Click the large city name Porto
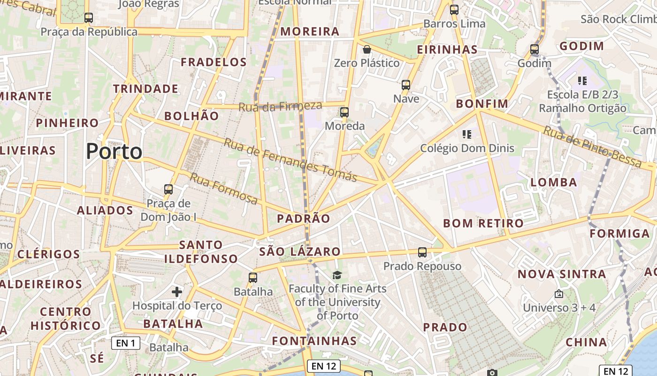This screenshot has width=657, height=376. pos(114,151)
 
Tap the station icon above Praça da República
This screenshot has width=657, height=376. pos(89,18)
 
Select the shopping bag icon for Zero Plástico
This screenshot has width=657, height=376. pos(367,49)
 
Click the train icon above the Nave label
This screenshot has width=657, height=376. pos(406,85)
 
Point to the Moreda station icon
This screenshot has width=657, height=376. pos(344,112)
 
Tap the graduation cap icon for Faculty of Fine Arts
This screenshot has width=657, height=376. pos(337,275)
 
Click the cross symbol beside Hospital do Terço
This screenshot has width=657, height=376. pos(177,292)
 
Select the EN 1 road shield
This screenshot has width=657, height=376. pos(126,343)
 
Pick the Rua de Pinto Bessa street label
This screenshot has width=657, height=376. pos(593,146)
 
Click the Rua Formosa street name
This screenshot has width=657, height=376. pos(224,188)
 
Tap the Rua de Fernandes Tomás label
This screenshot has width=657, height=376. pos(290,160)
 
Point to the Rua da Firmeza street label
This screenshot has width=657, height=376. pos(280,106)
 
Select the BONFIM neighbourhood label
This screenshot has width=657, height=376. pos(482,103)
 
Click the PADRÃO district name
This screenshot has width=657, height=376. pos(304,219)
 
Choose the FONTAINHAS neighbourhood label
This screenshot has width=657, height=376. pos(314,340)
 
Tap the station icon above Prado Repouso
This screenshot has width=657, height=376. pos(422,252)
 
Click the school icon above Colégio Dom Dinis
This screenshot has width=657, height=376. pos(466,134)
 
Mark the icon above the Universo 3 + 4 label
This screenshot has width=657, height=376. pos(558,294)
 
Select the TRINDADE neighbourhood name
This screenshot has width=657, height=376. pos(145,88)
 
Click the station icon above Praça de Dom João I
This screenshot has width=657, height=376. pos(168,189)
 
